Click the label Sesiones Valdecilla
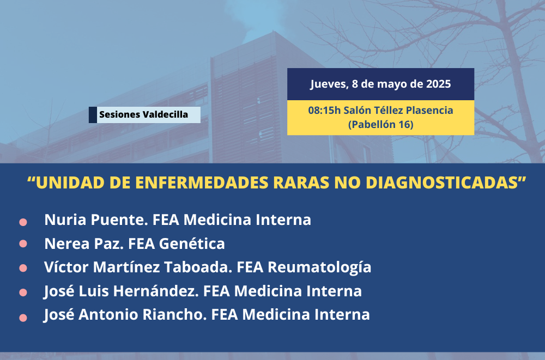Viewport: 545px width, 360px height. pos(143,114)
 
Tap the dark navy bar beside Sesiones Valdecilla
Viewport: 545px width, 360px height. pos(93,115)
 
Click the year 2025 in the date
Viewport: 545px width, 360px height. pos(438,84)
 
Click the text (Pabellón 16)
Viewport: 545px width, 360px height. pos(380,124)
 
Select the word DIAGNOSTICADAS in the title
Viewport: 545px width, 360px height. pos(442,183)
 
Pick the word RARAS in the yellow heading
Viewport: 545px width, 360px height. pos(301,183)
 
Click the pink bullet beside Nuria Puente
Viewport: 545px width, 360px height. pos(23,222)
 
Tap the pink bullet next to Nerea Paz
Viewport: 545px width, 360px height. pos(23,243)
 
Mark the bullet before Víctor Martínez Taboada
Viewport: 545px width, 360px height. pos(23,269)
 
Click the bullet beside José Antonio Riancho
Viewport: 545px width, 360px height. pos(23,318)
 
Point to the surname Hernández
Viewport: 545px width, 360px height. pos(156,291)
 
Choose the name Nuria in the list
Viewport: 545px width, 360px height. pos(65,220)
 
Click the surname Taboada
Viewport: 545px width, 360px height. pos(198,267)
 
